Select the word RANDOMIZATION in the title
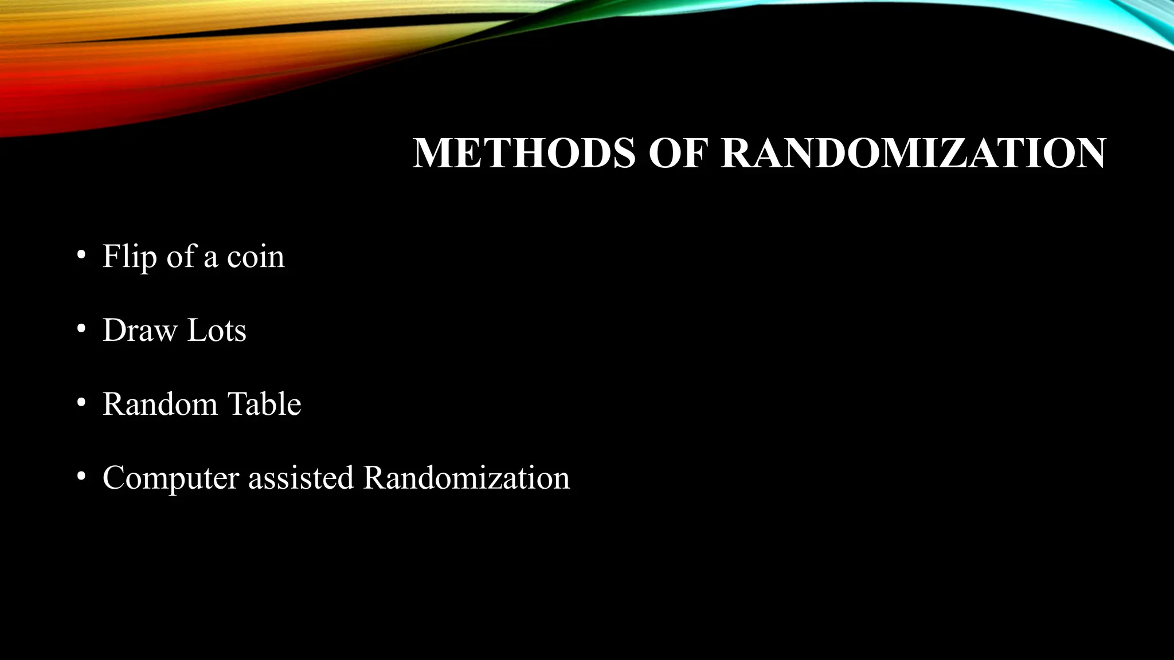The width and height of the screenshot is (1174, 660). (913, 153)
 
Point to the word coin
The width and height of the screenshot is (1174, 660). (256, 257)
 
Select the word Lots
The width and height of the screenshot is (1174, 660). (217, 331)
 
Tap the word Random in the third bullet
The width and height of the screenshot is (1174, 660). (160, 404)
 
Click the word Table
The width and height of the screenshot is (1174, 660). (264, 404)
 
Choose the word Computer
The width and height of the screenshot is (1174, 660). (170, 478)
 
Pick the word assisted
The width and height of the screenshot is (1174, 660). (301, 478)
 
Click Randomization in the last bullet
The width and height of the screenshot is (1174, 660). (467, 478)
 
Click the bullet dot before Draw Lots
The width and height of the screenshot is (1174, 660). (81, 329)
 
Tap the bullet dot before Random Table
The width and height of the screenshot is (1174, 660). (81, 403)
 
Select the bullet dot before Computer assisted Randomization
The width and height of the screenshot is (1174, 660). (81, 476)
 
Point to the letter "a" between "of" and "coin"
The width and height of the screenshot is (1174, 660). (210, 258)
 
